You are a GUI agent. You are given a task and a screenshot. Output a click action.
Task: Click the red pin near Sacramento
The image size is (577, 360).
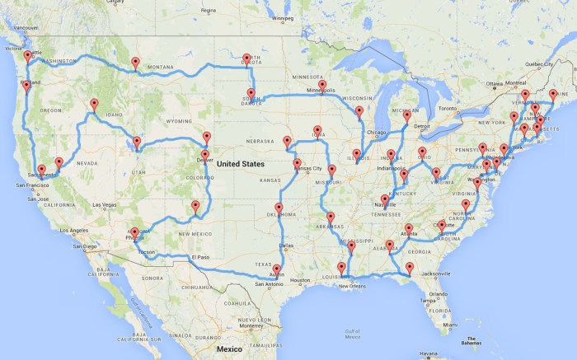[41, 171]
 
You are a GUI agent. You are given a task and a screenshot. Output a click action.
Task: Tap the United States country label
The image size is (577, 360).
[240, 164]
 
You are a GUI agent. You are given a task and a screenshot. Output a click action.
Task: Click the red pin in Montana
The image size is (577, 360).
[136, 62]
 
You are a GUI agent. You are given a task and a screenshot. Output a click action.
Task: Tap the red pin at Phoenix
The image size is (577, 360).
[135, 234]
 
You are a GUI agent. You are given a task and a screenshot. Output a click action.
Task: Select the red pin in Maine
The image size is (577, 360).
[553, 96]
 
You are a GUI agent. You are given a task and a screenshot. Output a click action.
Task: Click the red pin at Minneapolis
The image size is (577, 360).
[322, 86]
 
